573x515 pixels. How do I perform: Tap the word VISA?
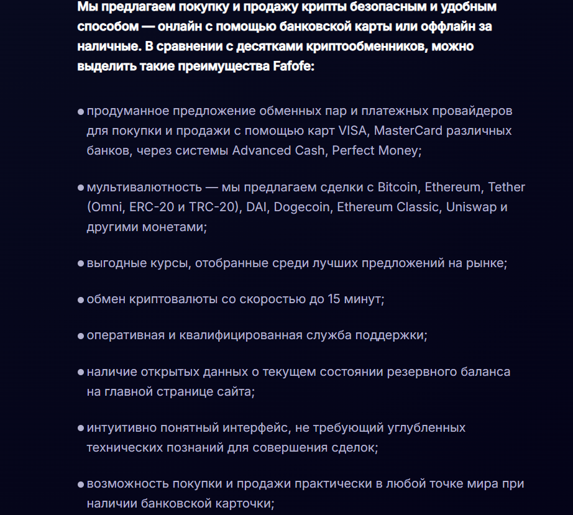[354, 131]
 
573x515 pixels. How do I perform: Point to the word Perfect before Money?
[355, 151]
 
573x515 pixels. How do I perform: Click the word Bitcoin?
[398, 187]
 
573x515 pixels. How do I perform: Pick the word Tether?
[507, 187]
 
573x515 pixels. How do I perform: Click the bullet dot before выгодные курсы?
[81, 263]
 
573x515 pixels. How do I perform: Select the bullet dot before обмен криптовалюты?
[81, 299]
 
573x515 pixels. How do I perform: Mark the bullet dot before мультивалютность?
[81, 188]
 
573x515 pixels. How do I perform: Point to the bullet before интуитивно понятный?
[81, 428]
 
